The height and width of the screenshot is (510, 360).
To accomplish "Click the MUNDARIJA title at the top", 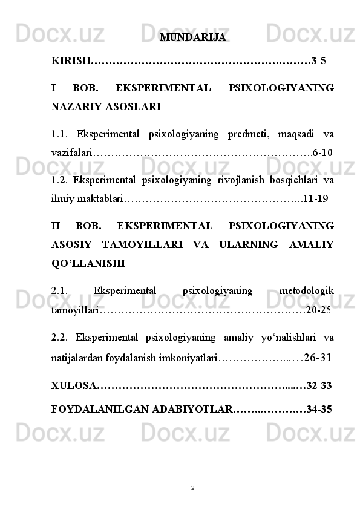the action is click(x=193, y=38).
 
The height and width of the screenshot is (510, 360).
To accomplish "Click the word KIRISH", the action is click(x=70, y=61).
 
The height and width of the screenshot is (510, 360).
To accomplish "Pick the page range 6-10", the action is click(x=322, y=150).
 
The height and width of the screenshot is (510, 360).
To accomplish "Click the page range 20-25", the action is click(x=319, y=310).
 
